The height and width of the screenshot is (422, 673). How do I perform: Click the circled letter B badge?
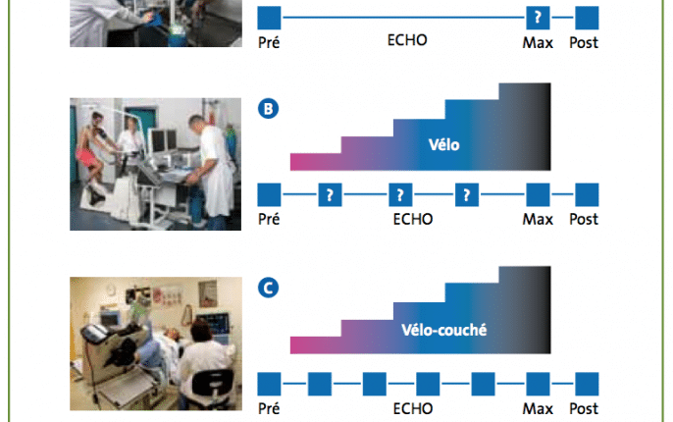click(268, 109)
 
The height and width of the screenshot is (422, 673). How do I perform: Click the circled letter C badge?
click(268, 288)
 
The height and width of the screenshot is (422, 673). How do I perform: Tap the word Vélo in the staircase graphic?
click(443, 144)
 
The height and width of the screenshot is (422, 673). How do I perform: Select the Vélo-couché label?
click(443, 330)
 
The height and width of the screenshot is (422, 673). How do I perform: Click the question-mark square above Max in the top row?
click(538, 18)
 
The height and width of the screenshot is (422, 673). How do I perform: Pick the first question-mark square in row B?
click(330, 195)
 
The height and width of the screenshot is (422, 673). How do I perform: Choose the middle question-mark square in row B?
click(400, 195)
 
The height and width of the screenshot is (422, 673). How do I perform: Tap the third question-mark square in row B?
click(467, 195)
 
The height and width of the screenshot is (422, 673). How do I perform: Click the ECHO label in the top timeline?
click(407, 40)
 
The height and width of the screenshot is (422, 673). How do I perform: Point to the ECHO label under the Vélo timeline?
click(413, 220)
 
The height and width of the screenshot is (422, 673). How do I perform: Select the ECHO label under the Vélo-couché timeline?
click(413, 408)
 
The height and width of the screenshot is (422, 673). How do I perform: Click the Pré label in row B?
click(269, 219)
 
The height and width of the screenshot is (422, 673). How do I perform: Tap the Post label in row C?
click(584, 408)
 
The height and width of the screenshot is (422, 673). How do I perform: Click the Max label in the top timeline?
click(538, 43)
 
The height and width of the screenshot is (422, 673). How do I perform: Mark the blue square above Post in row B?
click(587, 195)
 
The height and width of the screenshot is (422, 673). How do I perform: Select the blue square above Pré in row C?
click(269, 384)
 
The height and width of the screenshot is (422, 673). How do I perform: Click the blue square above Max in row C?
click(538, 384)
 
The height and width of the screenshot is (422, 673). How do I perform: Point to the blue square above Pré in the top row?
click(269, 18)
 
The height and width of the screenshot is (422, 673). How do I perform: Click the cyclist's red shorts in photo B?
click(86, 158)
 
